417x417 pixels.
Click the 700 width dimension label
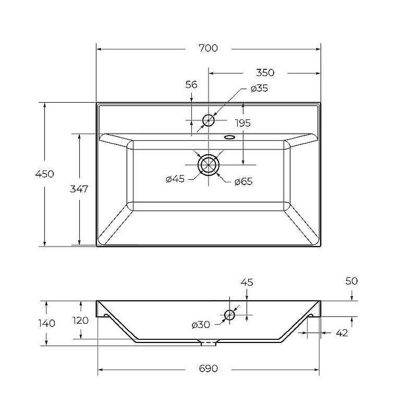click(208, 48)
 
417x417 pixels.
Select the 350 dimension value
click(265, 72)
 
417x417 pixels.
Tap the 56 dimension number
click(191, 84)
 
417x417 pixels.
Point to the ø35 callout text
click(259, 88)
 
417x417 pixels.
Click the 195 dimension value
click(243, 123)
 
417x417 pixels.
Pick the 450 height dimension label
click(45, 174)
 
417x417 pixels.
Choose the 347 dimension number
click(79, 189)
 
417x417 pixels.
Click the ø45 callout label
click(175, 179)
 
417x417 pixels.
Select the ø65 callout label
click(243, 181)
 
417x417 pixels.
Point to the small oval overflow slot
click(229, 137)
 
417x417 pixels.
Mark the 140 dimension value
click(46, 323)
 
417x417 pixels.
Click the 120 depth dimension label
click(81, 321)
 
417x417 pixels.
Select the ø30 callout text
click(201, 325)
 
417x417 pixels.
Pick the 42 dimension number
click(342, 333)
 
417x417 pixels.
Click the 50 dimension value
click(351, 281)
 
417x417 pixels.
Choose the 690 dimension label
click(208, 369)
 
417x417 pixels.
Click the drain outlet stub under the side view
click(208, 343)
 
